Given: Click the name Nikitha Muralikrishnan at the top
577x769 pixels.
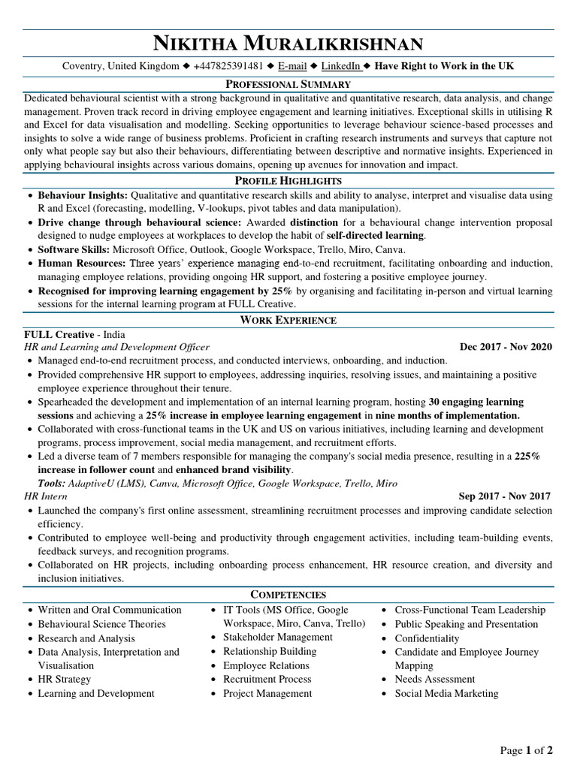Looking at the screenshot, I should click(288, 43).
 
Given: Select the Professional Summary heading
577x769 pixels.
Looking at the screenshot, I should click(288, 84).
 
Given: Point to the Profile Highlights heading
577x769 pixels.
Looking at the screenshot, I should click(288, 180).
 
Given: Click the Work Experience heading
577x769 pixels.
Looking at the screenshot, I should click(288, 320).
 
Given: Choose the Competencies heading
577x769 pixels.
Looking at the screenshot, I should click(288, 594).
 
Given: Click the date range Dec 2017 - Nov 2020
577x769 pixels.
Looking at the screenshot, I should click(505, 347).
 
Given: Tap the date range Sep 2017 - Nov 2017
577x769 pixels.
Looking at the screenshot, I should click(504, 496).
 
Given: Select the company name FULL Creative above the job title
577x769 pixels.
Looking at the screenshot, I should click(59, 334).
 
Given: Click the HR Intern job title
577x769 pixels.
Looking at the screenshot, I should click(46, 496).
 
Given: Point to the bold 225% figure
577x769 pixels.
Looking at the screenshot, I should click(527, 456).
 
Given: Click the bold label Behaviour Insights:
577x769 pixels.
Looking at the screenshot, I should click(83, 195).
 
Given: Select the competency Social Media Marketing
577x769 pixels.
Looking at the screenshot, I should click(446, 693).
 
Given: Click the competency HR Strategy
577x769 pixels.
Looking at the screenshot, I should click(64, 679).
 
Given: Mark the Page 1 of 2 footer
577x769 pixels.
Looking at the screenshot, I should click(527, 749).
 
